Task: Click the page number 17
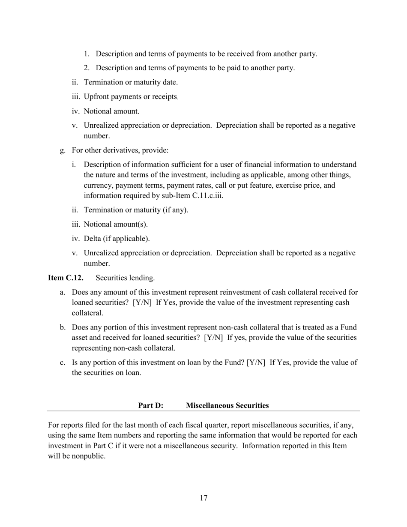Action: pos(203,498)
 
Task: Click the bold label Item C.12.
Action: pos(66,278)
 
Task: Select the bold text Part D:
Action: pos(150,405)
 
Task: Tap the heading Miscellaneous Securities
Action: pos(227,405)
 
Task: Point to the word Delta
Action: pos(93,239)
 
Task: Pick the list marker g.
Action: pos(63,150)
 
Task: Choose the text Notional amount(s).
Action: pos(116,225)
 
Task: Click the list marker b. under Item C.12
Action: pos(63,328)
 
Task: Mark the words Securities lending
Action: pos(125,278)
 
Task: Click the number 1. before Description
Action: pos(87,54)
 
